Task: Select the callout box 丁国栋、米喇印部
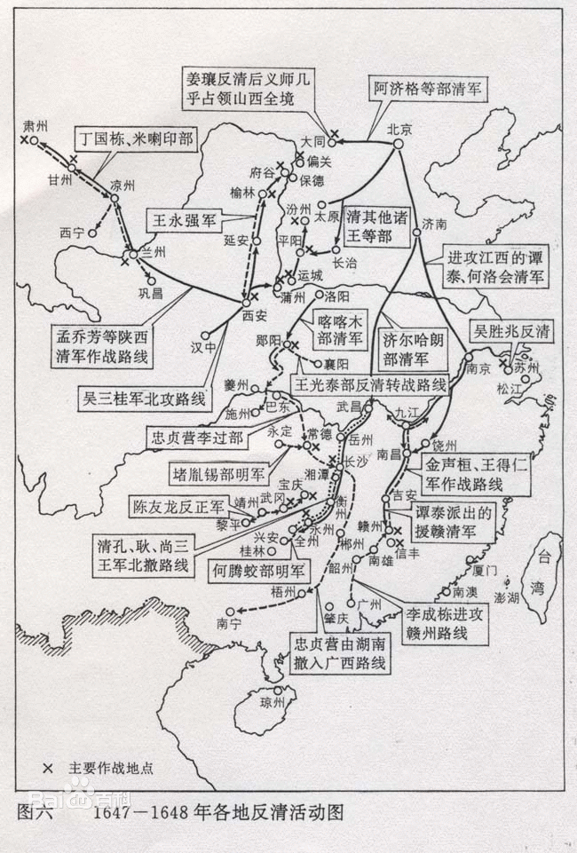coord(134,138)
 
